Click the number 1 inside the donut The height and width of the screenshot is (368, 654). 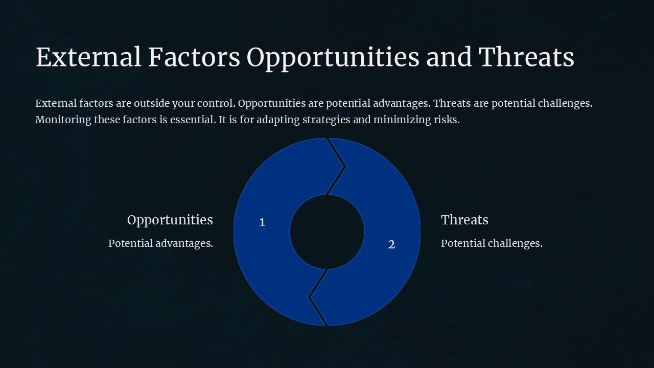pyautogui.click(x=262, y=222)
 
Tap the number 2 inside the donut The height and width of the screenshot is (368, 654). pyautogui.click(x=391, y=245)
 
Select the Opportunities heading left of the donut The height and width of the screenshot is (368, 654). pyautogui.click(x=170, y=220)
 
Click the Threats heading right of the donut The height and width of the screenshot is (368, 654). pyautogui.click(x=464, y=220)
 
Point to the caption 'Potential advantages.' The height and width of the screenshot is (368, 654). pyautogui.click(x=160, y=243)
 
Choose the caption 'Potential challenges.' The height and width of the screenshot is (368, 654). pyautogui.click(x=492, y=243)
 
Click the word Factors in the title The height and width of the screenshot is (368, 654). pyautogui.click(x=194, y=57)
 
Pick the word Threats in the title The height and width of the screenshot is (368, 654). pyautogui.click(x=526, y=57)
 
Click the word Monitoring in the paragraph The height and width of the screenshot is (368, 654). pyautogui.click(x=63, y=120)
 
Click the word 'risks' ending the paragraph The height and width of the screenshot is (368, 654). pyautogui.click(x=447, y=120)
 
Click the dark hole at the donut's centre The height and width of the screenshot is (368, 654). pyautogui.click(x=327, y=232)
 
